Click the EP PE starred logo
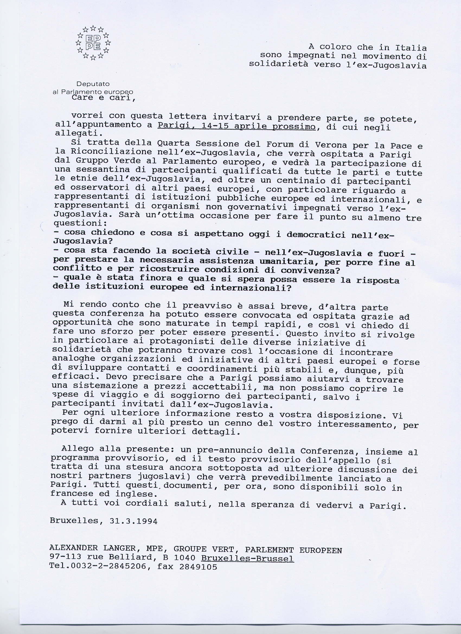[x=94, y=43]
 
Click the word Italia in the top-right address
[x=411, y=47]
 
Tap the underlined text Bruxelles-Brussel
[x=247, y=558]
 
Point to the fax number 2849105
[x=199, y=567]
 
